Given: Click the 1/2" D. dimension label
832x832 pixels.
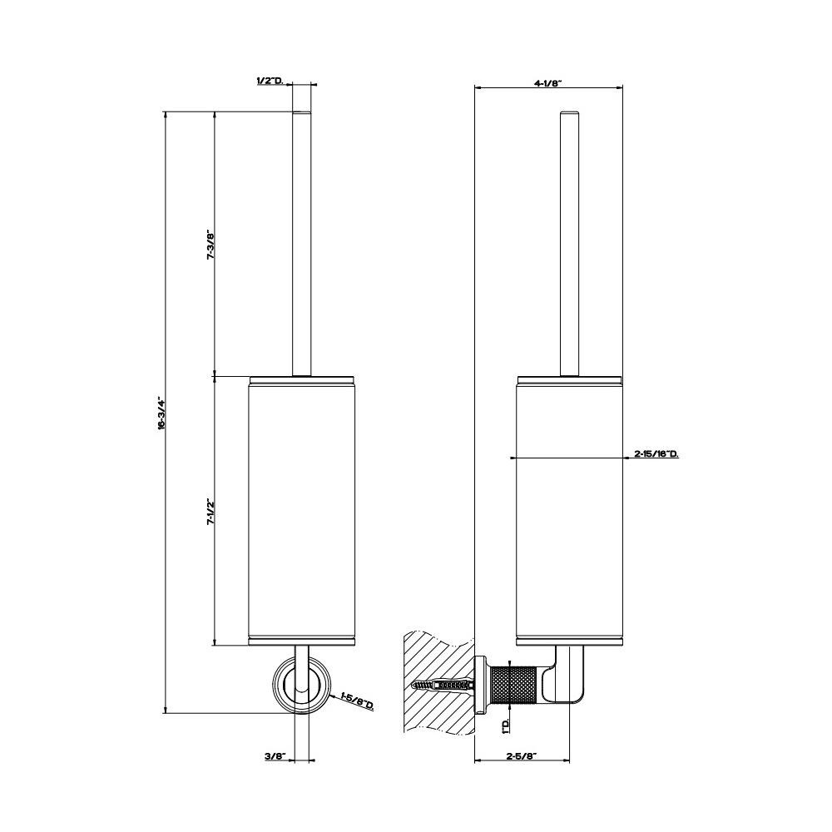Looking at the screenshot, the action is point(270,81).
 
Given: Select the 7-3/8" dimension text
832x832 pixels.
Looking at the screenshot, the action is point(210,245).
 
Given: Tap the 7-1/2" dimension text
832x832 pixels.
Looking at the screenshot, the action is point(210,512).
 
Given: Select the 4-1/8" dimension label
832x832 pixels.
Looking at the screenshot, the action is point(547,82).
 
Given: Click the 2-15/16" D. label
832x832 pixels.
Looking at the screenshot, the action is point(656,453).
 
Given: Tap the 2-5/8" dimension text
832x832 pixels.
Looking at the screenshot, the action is point(522,756).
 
